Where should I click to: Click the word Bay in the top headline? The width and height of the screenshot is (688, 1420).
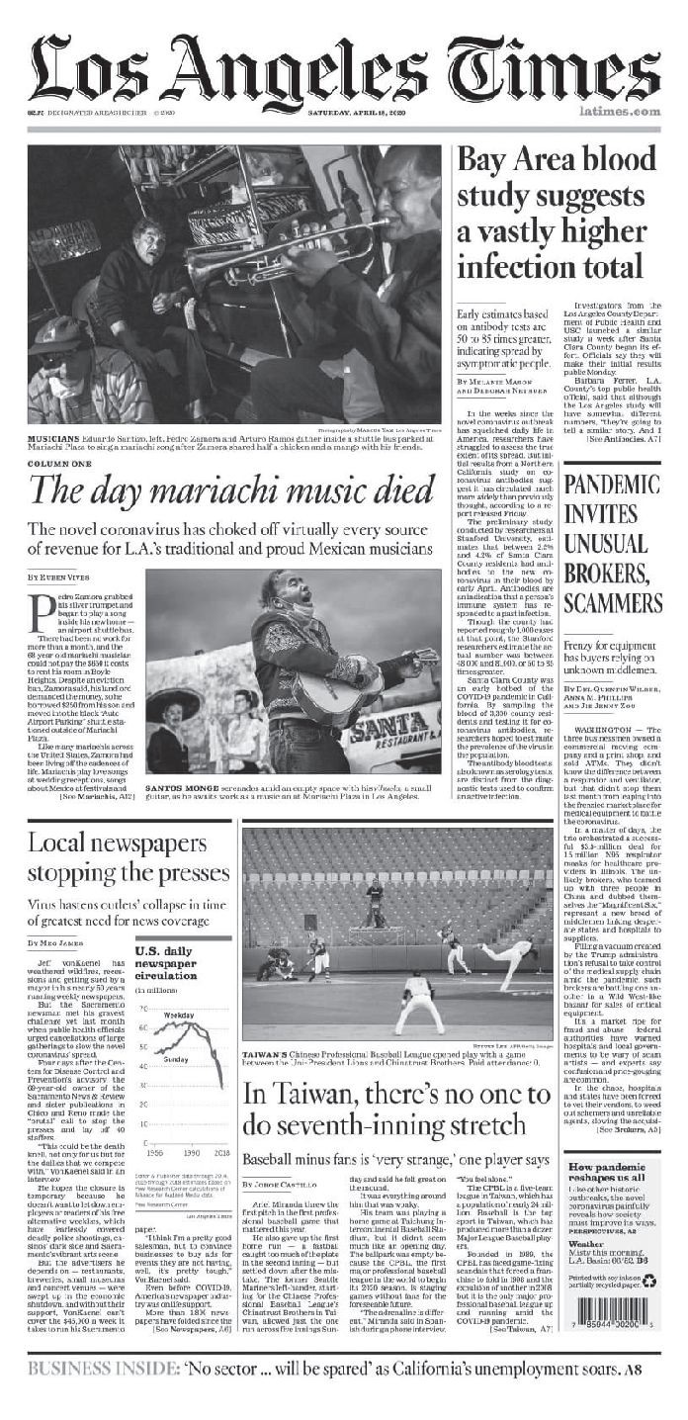click(x=482, y=162)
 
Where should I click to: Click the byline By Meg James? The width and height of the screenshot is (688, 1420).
click(x=55, y=943)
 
